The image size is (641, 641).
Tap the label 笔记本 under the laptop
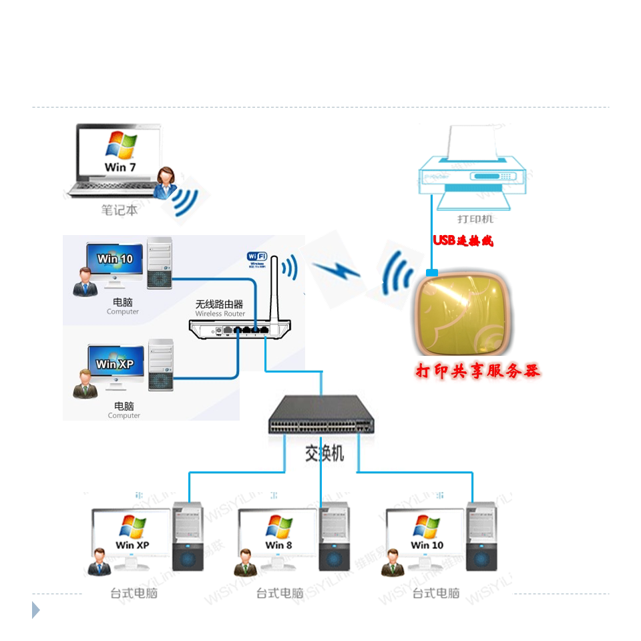coord(120,210)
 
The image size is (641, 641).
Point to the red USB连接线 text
coord(463,241)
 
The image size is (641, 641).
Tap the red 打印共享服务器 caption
coord(477,371)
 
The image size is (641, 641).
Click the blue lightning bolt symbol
coord(337,270)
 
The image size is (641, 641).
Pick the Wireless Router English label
coord(220,314)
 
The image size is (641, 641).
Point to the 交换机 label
coord(325,454)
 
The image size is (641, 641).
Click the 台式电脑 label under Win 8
coord(280,593)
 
